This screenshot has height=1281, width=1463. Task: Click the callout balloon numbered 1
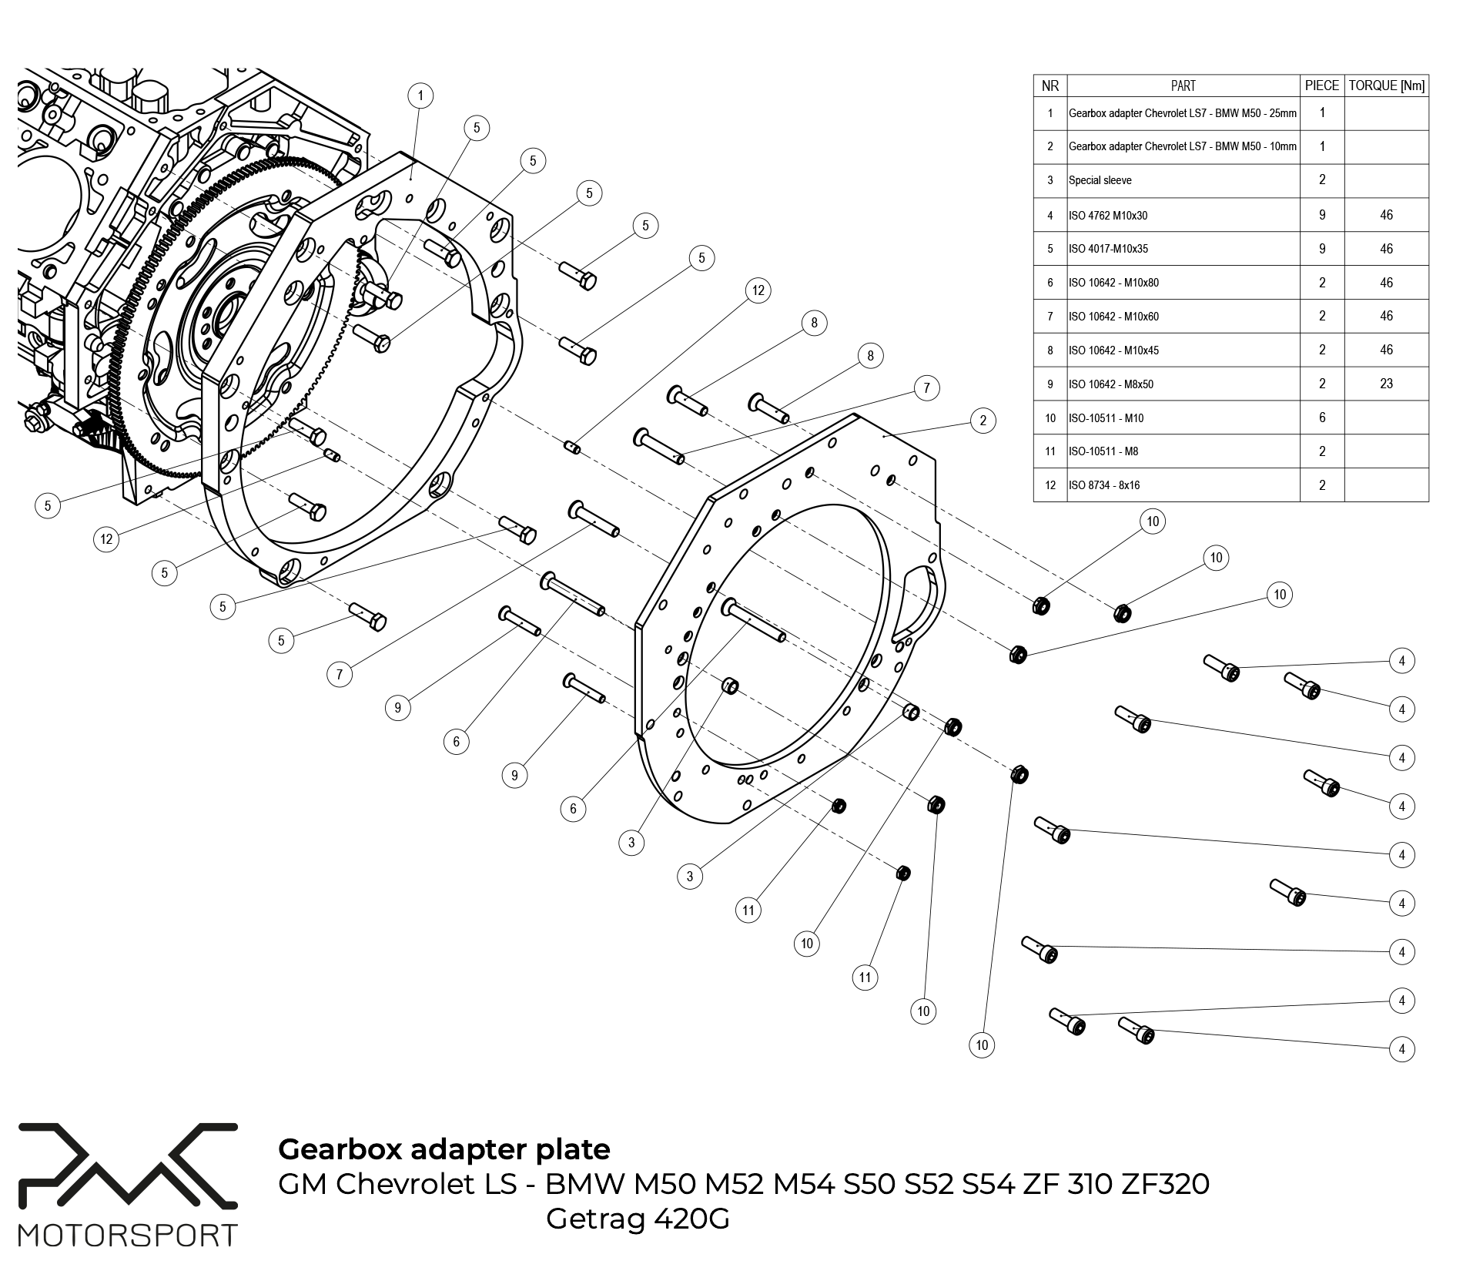[x=420, y=96]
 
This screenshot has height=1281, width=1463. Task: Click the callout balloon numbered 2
[x=983, y=421]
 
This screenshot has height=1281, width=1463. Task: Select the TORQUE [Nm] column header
[x=1386, y=86]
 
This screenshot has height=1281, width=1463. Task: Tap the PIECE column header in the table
[x=1322, y=86]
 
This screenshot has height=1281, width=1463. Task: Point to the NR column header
[x=1050, y=86]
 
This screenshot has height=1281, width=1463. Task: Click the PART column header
[x=1183, y=86]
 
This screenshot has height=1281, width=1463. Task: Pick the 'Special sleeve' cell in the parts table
[x=1100, y=180]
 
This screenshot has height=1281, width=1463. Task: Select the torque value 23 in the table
[x=1386, y=384]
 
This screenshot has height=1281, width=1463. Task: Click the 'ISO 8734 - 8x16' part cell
[x=1104, y=485]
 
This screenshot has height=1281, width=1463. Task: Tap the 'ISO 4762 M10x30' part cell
[x=1108, y=216]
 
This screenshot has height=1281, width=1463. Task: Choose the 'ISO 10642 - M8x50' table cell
[x=1111, y=384]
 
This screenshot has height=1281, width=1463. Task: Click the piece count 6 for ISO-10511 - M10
[x=1322, y=417]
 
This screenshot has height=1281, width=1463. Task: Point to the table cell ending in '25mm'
[x=1183, y=113]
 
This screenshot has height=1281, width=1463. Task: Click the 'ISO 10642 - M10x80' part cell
[x=1113, y=283]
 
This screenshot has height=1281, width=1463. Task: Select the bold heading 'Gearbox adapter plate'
[x=444, y=1149]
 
